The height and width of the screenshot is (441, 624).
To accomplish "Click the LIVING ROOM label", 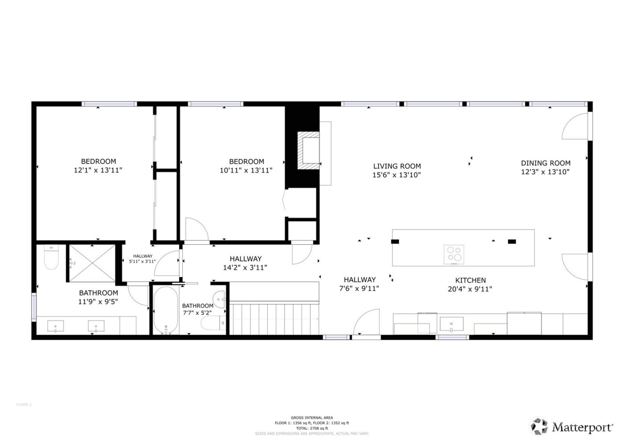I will coord(396,166).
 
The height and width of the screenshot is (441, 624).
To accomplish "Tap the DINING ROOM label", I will coord(546,163).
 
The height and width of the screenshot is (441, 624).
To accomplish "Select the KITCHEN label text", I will coord(470,280).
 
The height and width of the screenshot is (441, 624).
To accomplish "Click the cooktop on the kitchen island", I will coord(454,254).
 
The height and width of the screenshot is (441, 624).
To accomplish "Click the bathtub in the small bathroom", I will coord(165,310).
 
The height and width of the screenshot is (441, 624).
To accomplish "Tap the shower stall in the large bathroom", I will coord(91,263).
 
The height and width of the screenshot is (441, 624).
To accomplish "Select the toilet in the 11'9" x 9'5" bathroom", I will coord(51,259).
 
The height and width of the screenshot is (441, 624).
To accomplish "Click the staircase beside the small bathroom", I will coord(274,318).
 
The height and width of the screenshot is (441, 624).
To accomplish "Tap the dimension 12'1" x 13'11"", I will coord(98,170).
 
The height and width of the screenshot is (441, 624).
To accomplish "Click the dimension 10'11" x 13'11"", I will coord(246,170).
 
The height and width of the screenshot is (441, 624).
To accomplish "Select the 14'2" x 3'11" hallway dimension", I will coord(246,268).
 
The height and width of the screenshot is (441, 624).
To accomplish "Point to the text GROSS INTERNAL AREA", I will coord(312,418).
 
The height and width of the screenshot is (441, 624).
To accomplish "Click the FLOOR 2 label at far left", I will coord(24,404).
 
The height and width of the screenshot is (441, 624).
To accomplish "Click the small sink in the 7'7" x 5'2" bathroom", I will coord(219,298).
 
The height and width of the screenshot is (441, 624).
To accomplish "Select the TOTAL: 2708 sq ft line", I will coord(312,428).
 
